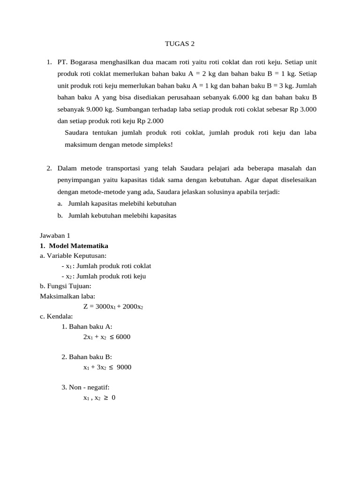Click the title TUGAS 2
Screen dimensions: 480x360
[180, 44]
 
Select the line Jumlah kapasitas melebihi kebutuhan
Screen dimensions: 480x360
[122, 203]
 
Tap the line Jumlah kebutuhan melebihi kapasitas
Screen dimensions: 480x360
[122, 215]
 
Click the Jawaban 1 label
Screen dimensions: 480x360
[55, 236]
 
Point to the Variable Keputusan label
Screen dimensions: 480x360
[73, 256]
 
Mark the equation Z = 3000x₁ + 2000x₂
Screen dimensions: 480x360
[113, 307]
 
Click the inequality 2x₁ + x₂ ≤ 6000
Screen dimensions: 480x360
[106, 337]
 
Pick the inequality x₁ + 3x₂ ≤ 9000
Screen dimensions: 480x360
[107, 367]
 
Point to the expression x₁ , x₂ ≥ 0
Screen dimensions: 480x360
[99, 397]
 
